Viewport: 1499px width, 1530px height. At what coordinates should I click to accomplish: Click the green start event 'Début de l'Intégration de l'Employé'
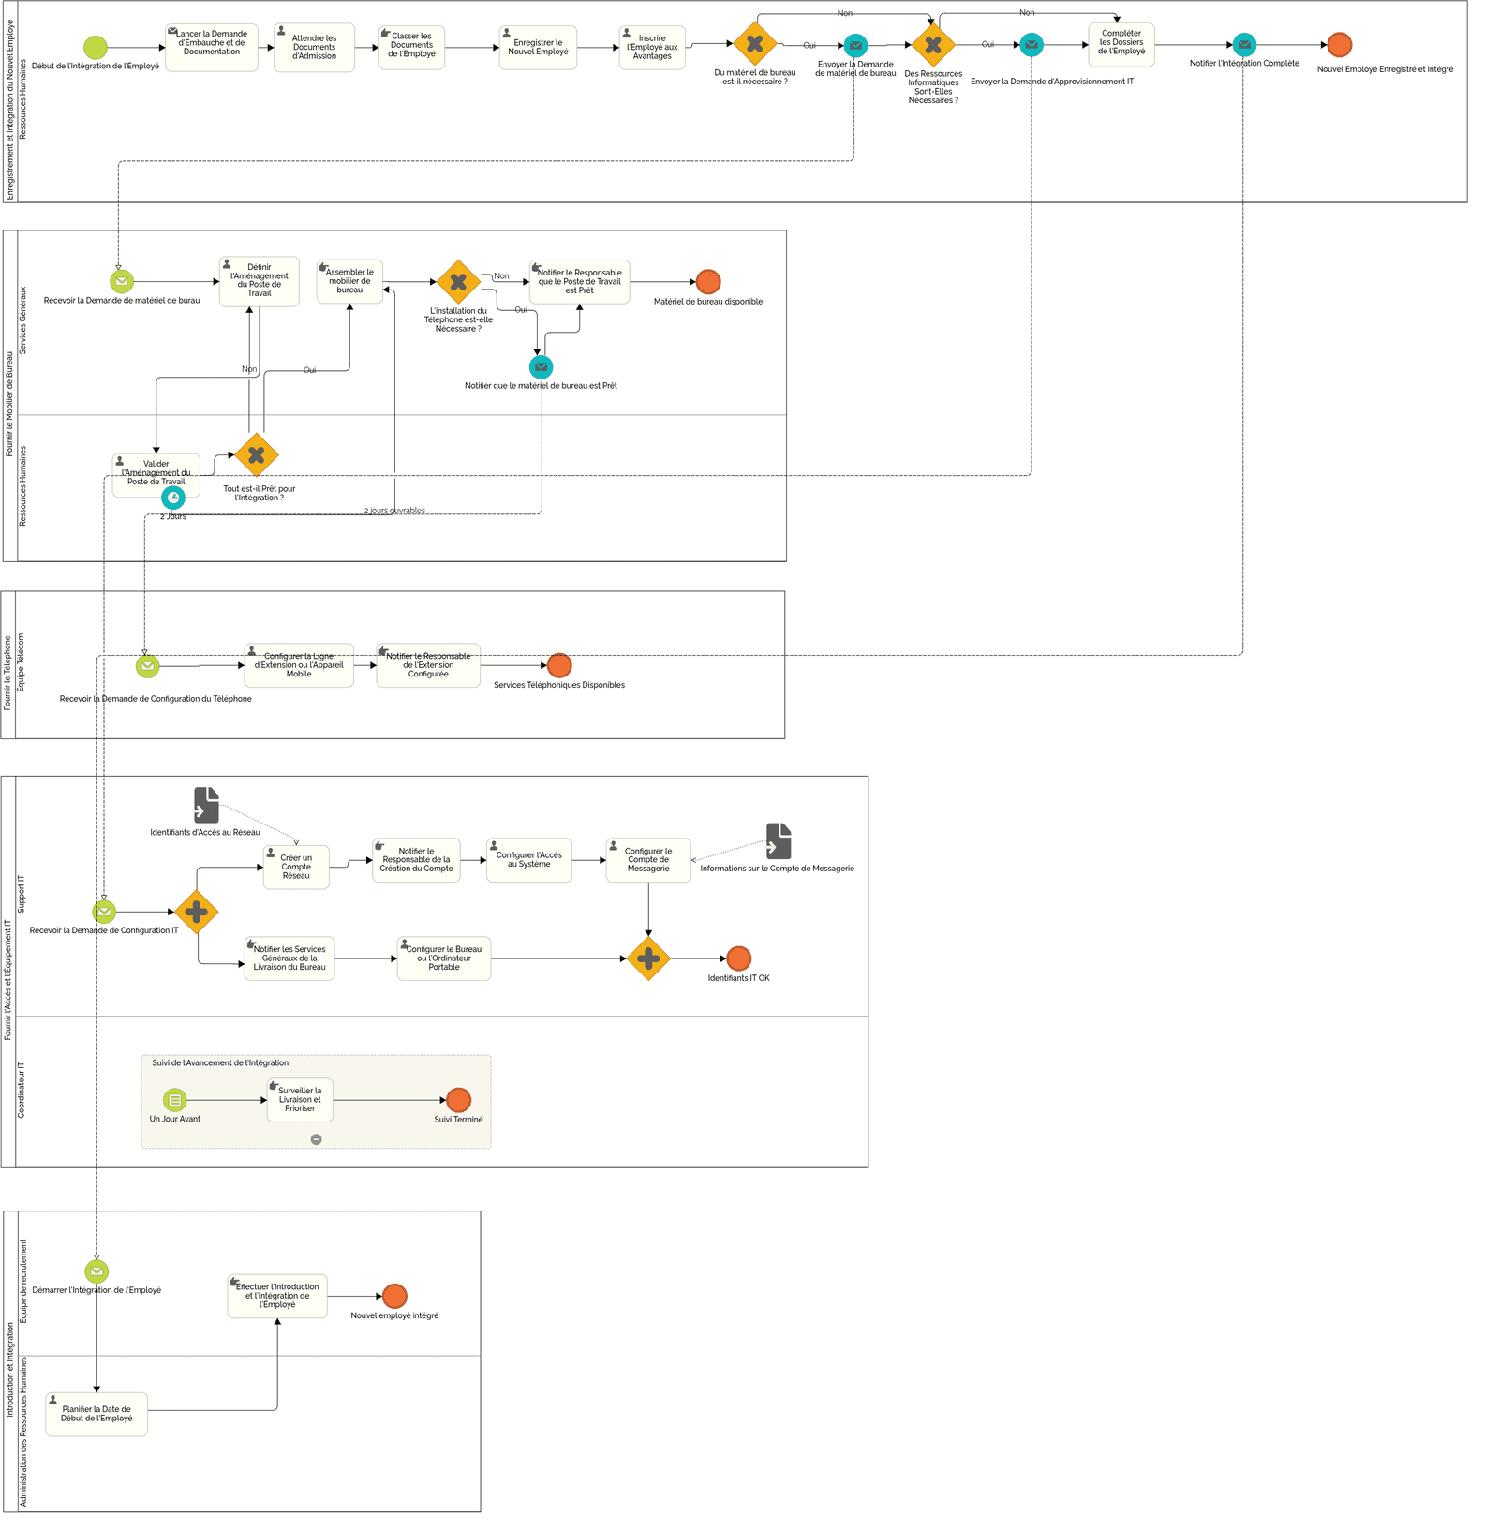[96, 47]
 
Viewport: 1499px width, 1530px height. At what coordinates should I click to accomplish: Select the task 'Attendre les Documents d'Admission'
[314, 48]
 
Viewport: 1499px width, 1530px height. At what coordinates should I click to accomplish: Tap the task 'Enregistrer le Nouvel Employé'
[538, 48]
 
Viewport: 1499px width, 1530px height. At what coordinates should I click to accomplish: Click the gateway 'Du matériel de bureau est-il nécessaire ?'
[754, 44]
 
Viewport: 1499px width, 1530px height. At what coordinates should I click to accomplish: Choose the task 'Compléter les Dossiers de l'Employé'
[1121, 44]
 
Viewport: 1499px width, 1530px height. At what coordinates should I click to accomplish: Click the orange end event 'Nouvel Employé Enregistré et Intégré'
[1339, 45]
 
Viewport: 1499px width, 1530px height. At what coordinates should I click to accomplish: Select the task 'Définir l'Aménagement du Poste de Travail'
[260, 281]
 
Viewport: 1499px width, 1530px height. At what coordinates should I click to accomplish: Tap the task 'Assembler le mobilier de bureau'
[349, 282]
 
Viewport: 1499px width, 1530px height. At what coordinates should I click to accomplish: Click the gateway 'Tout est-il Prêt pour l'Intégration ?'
[256, 455]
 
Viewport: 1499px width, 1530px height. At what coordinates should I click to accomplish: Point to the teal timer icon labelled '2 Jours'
[173, 498]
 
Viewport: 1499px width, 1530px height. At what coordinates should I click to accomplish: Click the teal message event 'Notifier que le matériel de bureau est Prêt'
[541, 367]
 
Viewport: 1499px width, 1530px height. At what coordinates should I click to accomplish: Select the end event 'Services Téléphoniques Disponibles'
[559, 665]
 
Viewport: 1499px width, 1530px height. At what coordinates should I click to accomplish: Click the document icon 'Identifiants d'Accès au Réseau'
[206, 806]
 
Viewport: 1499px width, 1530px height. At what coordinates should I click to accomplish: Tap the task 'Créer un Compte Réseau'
[296, 867]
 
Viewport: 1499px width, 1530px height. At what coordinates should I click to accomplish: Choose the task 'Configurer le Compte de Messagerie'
[648, 860]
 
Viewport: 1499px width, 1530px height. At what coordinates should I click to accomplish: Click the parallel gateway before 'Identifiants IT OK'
[648, 958]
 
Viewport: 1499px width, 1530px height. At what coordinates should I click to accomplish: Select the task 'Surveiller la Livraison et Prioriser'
[300, 1100]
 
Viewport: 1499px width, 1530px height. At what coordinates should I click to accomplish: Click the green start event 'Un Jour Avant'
[175, 1100]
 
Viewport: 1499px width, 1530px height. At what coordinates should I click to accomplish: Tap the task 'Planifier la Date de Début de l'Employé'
[96, 1414]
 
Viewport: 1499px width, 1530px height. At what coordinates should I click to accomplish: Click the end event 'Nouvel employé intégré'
[394, 1296]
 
